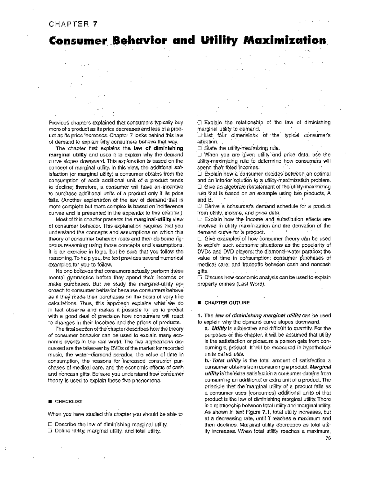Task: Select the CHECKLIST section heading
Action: (x=69, y=402)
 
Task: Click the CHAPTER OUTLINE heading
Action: (x=227, y=303)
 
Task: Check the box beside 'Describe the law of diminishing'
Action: (x=49, y=425)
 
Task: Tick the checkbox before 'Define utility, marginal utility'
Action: (x=49, y=431)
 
